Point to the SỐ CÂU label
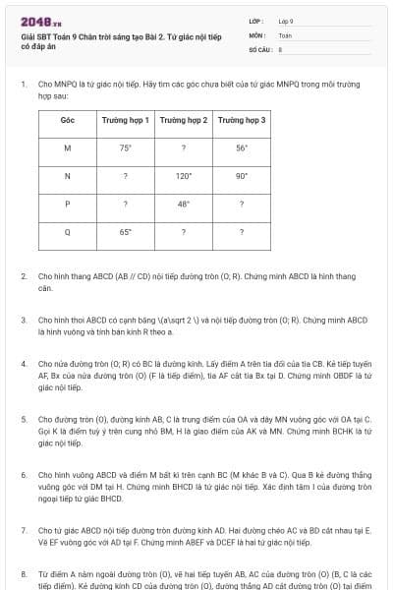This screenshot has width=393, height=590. [260, 48]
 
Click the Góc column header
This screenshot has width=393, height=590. [68, 120]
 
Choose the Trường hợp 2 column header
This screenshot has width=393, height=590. [184, 120]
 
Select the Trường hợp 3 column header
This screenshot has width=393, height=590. [242, 120]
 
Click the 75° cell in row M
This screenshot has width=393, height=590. [126, 147]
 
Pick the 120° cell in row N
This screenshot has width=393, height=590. [184, 176]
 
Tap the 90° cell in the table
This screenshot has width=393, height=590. [242, 176]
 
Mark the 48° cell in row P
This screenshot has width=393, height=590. [184, 205]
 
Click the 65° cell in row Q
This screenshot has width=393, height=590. [126, 232]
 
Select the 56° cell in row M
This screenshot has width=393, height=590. [242, 147]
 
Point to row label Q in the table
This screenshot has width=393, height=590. [68, 232]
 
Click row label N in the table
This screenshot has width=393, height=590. [68, 176]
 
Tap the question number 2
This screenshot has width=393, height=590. [24, 276]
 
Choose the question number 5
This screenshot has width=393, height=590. [24, 419]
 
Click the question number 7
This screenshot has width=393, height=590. [24, 530]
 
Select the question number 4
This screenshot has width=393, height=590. [24, 363]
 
